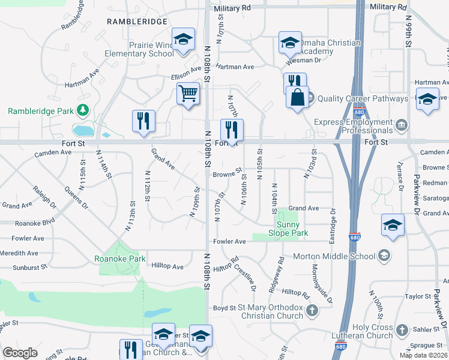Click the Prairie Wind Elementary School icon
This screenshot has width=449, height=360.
point(183,40)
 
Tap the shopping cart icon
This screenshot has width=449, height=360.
point(188,94)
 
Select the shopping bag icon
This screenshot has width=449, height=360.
point(297,97)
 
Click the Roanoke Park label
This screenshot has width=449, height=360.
point(120,259)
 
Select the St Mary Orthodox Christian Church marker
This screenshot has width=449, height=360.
point(312,311)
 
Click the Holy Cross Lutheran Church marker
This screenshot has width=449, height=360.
point(402,330)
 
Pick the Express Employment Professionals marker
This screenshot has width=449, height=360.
point(402,125)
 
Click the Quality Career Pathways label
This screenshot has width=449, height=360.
point(360,98)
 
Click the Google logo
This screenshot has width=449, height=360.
point(20,353)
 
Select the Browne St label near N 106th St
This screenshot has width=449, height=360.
point(227,175)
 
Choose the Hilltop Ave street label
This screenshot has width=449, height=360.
point(167,266)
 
